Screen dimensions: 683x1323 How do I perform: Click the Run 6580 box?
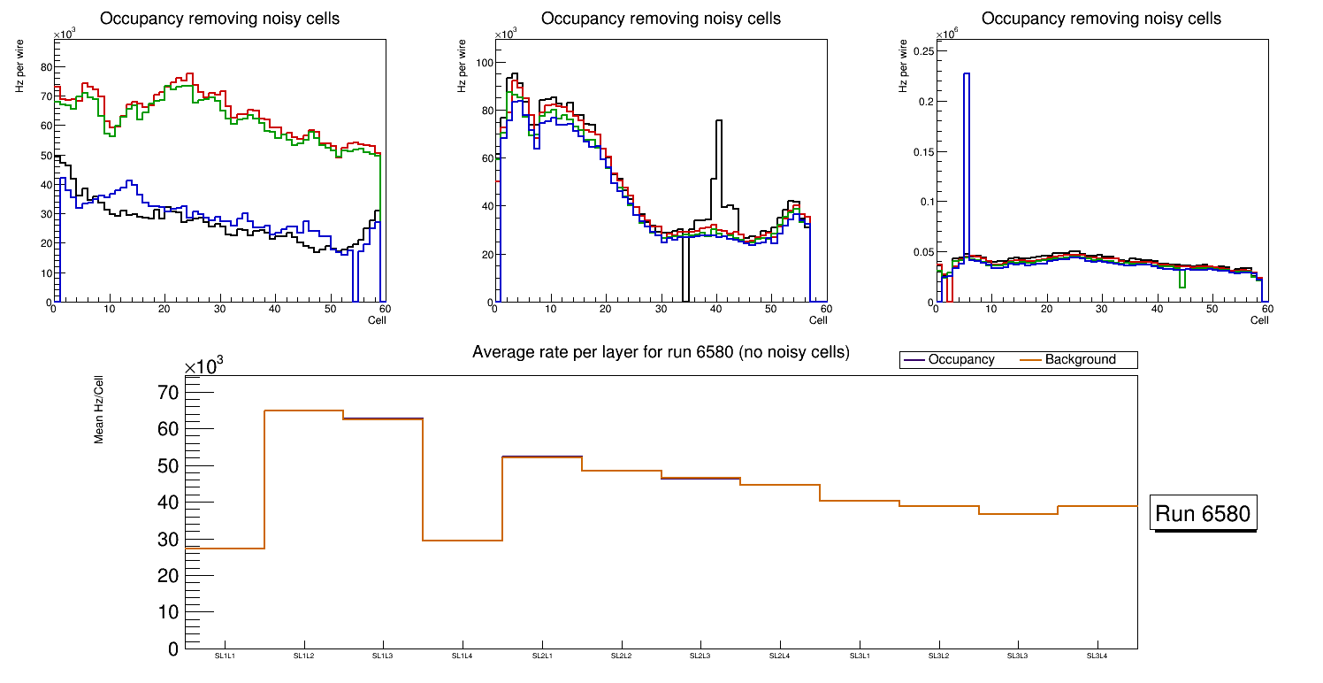point(1203,514)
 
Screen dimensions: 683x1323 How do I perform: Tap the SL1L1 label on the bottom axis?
point(226,656)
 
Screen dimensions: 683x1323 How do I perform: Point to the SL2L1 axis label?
point(542,656)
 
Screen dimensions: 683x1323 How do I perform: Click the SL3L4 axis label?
point(1097,656)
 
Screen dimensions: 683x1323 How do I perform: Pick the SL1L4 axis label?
point(463,656)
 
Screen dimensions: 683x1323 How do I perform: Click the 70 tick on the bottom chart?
point(167,393)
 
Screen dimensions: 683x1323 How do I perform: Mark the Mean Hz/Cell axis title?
point(99,412)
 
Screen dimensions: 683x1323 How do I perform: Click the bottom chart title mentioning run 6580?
point(661,352)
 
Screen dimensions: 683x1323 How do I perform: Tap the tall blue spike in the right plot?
point(967,75)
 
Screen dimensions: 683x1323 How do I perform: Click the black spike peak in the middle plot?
point(719,121)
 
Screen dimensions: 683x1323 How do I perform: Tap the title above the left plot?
point(219,19)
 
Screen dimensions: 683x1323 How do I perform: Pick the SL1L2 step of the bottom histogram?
point(304,411)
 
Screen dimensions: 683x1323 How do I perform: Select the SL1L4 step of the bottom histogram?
point(463,541)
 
